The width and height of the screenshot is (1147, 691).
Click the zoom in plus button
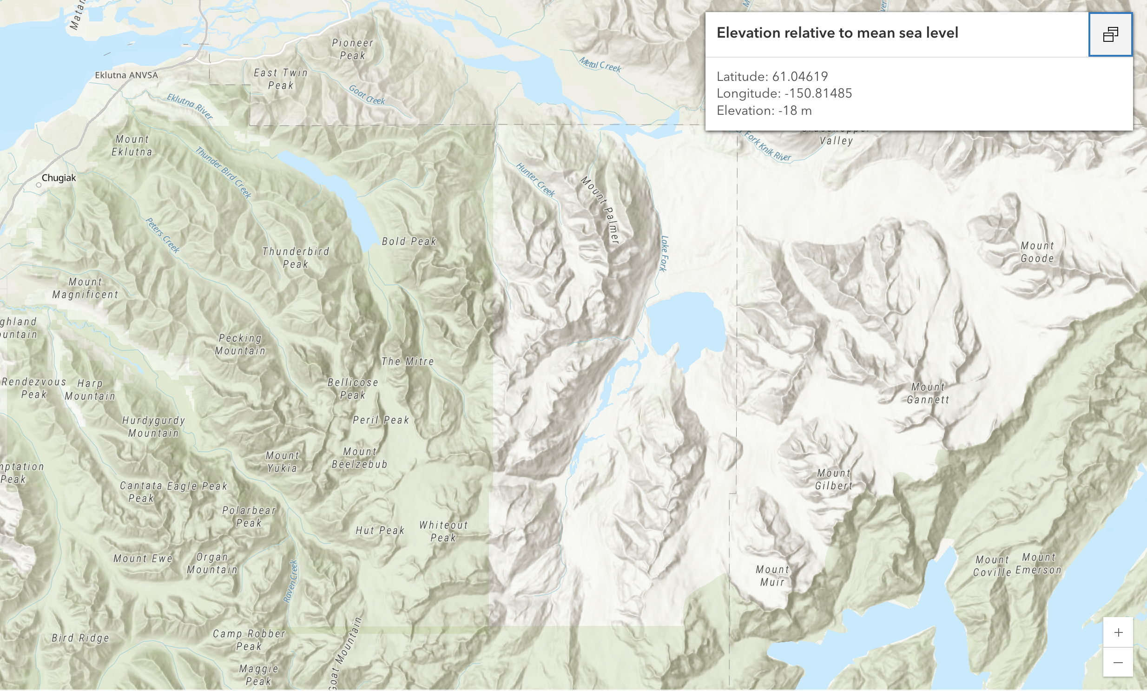[x=1118, y=632]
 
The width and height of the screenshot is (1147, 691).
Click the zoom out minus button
[x=1118, y=662]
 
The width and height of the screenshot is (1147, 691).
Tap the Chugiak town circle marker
[x=39, y=185]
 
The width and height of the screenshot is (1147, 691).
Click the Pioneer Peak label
[x=352, y=49]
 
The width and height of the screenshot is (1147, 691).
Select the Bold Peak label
[x=409, y=242]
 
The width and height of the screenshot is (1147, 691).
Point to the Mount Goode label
[x=1037, y=252]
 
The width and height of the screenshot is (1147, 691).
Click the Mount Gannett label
[x=928, y=393]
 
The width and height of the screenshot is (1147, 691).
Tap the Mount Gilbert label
[x=834, y=479]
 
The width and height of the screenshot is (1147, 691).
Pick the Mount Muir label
[x=772, y=576]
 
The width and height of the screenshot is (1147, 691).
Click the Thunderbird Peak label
[x=296, y=258]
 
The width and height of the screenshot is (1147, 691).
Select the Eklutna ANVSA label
[x=126, y=75]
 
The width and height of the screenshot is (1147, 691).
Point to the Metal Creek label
[x=600, y=64]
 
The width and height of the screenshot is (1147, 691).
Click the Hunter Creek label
[x=535, y=180]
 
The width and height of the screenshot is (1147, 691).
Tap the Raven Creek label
[x=290, y=581]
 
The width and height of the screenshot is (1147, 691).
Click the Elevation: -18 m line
[x=764, y=111]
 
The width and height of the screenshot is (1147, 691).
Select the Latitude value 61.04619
[x=800, y=76]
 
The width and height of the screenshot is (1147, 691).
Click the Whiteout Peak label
[x=443, y=532]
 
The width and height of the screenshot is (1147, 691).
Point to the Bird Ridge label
[x=80, y=638]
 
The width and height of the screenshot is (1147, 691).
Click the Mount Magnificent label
[x=85, y=288]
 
